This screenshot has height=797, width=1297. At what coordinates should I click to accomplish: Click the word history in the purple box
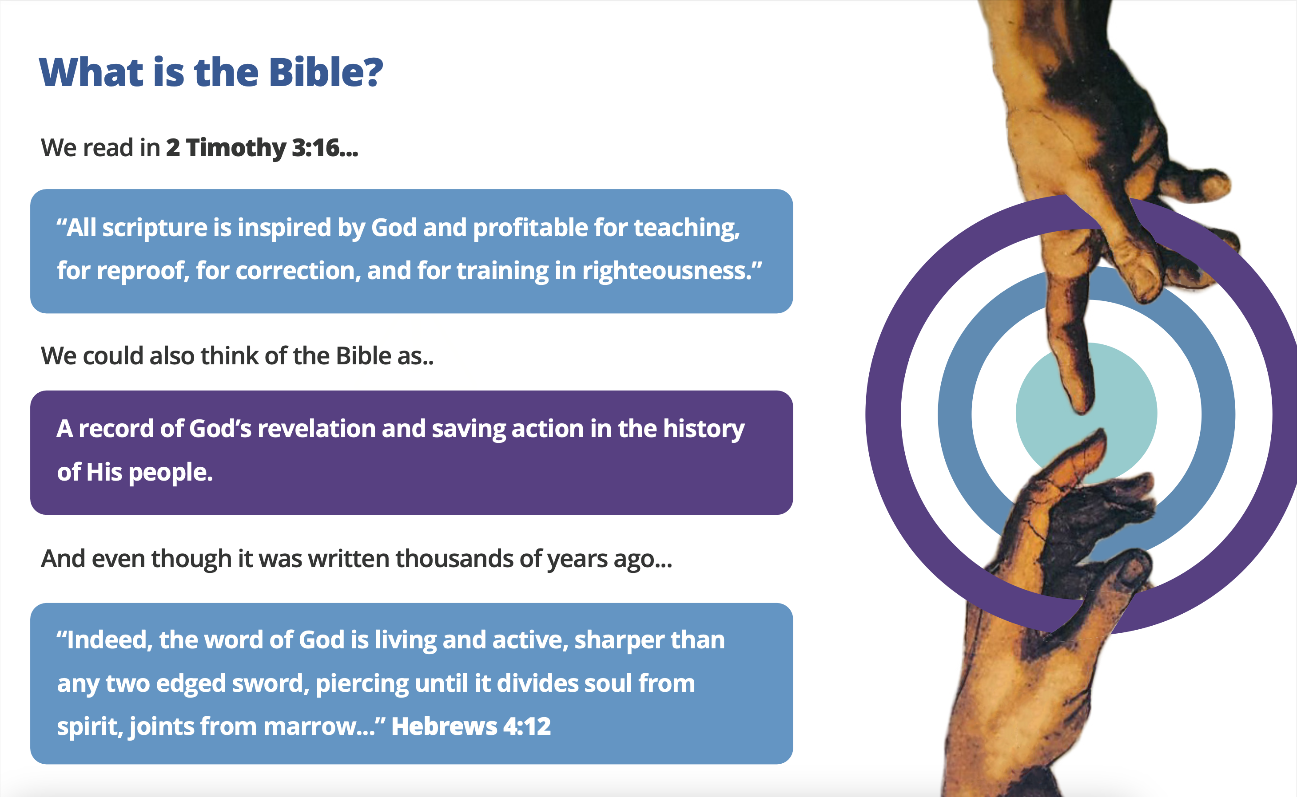pos(704,430)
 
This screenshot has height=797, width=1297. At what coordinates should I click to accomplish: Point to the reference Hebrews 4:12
pos(471,726)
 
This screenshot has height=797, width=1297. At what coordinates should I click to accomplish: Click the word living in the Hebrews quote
pos(405,641)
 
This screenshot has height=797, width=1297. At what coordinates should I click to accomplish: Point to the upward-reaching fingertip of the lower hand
pos(1100,434)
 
